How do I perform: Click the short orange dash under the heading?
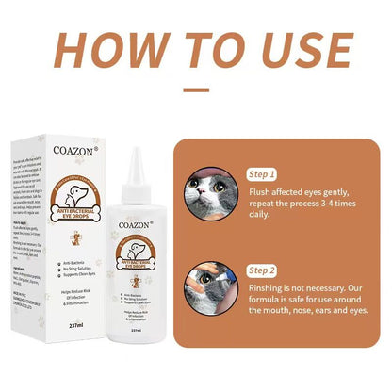195,90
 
